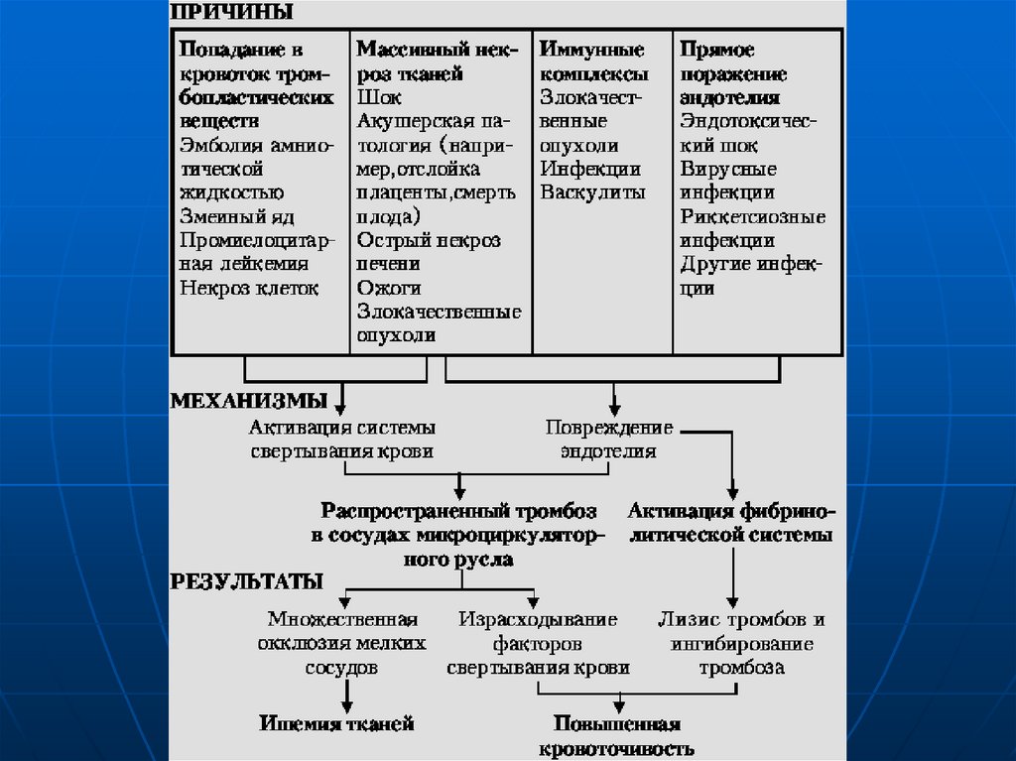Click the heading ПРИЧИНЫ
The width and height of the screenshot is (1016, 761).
click(232, 13)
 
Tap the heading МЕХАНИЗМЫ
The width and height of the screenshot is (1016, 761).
click(249, 402)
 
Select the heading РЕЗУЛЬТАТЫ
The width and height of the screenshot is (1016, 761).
click(247, 580)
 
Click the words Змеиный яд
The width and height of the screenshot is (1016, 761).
click(238, 216)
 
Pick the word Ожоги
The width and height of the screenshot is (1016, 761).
click(389, 288)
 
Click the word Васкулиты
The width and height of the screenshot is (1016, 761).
click(592, 192)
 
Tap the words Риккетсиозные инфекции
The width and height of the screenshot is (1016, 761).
click(753, 228)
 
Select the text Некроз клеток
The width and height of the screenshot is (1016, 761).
click(249, 288)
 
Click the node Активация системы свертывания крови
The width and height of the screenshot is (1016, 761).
click(341, 440)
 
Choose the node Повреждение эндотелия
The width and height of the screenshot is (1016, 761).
click(608, 440)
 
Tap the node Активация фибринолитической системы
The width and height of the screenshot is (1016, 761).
click(731, 523)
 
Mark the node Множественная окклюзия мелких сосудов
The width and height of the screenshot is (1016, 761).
click(341, 644)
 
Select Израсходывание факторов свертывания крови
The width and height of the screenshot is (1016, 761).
click(537, 644)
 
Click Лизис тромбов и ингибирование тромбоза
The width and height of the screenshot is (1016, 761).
click(741, 644)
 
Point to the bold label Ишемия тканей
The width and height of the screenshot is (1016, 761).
click(336, 724)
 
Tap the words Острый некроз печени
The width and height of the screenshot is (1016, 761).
click(429, 252)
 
